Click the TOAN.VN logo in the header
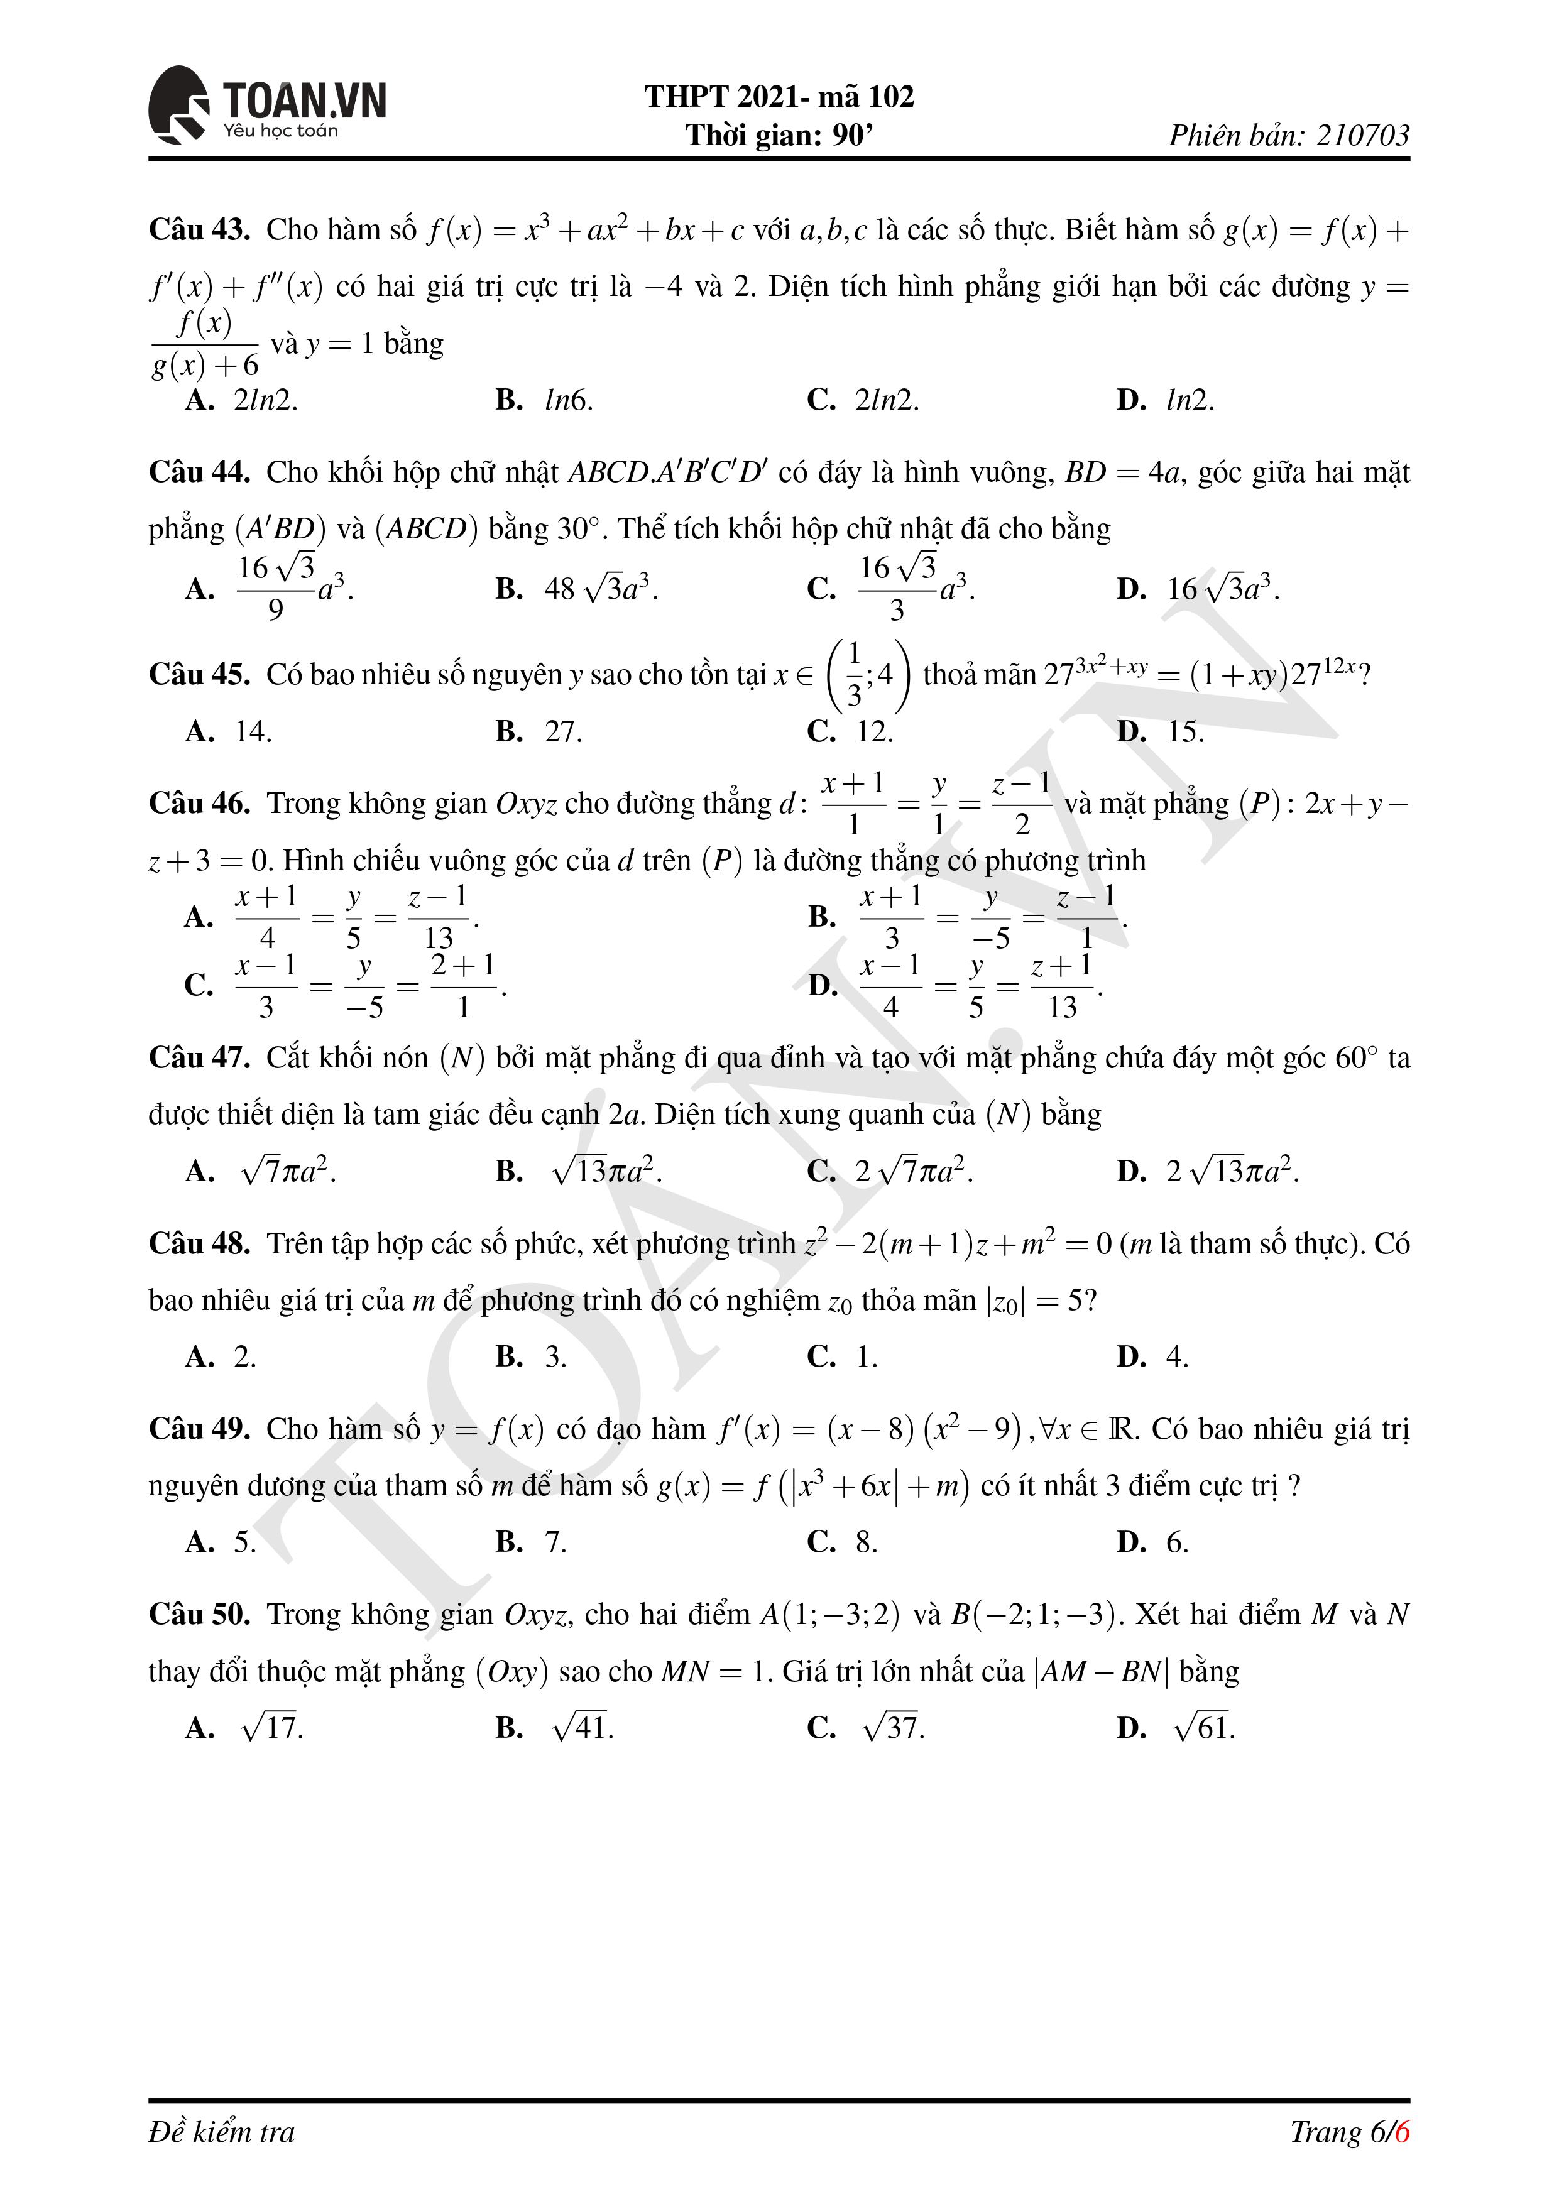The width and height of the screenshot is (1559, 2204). pyautogui.click(x=267, y=106)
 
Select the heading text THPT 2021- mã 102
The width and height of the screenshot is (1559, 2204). pyautogui.click(x=779, y=96)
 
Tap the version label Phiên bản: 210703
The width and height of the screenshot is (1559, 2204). pyautogui.click(x=1288, y=135)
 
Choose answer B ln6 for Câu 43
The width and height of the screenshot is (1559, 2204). pyautogui.click(x=544, y=400)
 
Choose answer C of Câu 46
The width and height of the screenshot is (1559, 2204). pyautogui.click(x=346, y=986)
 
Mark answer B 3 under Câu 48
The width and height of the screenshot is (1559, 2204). pyautogui.click(x=532, y=1356)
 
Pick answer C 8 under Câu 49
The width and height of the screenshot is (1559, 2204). pyautogui.click(x=843, y=1542)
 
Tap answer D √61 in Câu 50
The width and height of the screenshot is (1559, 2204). pyautogui.click(x=1176, y=1728)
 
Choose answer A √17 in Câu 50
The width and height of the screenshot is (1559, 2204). pyautogui.click(x=245, y=1728)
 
